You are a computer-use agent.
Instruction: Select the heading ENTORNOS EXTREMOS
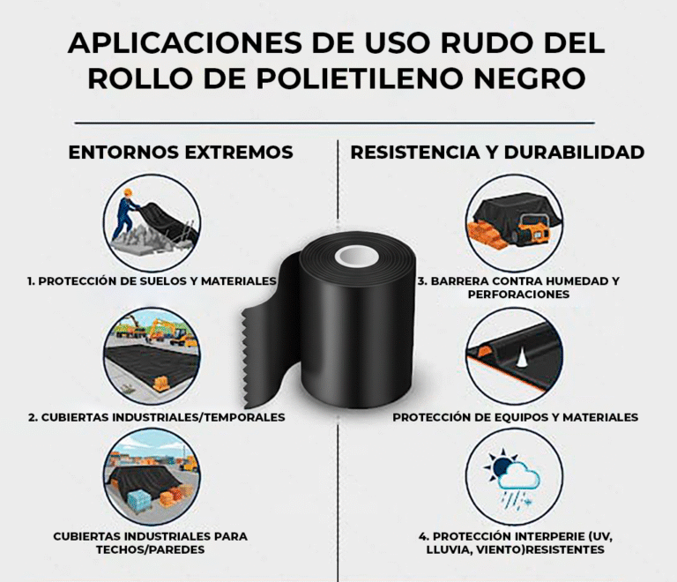click(181, 153)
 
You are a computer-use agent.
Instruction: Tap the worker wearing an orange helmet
click(127, 213)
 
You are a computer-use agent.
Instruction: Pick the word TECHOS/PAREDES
click(150, 549)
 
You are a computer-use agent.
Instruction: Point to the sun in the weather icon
click(501, 466)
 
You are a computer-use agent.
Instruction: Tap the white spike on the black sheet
click(522, 357)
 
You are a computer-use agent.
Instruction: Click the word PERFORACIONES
click(518, 295)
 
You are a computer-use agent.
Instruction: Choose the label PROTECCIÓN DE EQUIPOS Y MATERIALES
click(515, 417)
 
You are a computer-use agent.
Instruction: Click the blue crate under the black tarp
click(139, 500)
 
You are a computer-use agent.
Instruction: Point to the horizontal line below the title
click(335, 123)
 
